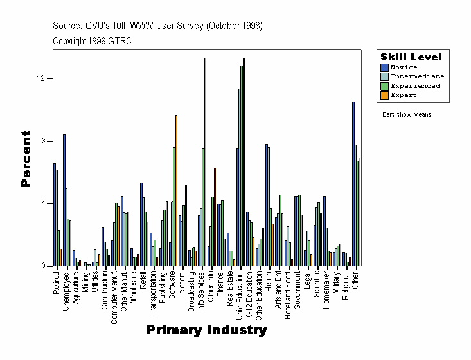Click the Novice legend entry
click(x=404, y=67)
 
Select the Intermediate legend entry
click(x=417, y=76)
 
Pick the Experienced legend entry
click(x=415, y=85)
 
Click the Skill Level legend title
click(x=411, y=57)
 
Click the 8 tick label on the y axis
click(x=42, y=141)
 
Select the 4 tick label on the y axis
click(x=42, y=204)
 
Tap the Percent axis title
click(x=26, y=159)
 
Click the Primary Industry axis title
click(x=206, y=330)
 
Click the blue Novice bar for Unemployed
click(x=64, y=200)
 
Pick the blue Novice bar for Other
click(x=353, y=184)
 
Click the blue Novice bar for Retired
click(x=55, y=215)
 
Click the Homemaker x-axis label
click(x=326, y=289)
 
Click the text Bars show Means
click(x=407, y=115)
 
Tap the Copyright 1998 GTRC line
click(x=92, y=40)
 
